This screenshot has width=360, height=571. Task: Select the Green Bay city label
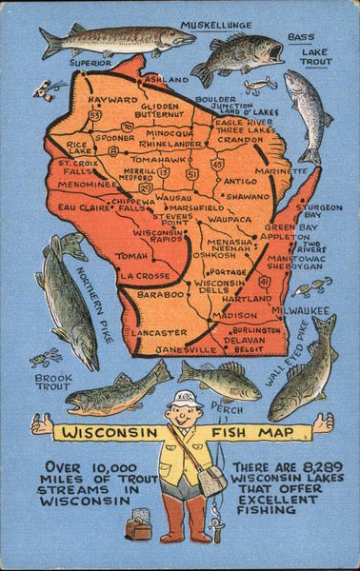pos(284,227)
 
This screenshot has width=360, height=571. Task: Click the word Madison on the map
pos(233,316)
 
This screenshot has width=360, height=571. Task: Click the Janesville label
pos(184,349)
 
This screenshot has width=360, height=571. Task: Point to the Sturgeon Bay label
pos(318,210)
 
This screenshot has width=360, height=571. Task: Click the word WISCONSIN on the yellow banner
pos(106,432)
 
